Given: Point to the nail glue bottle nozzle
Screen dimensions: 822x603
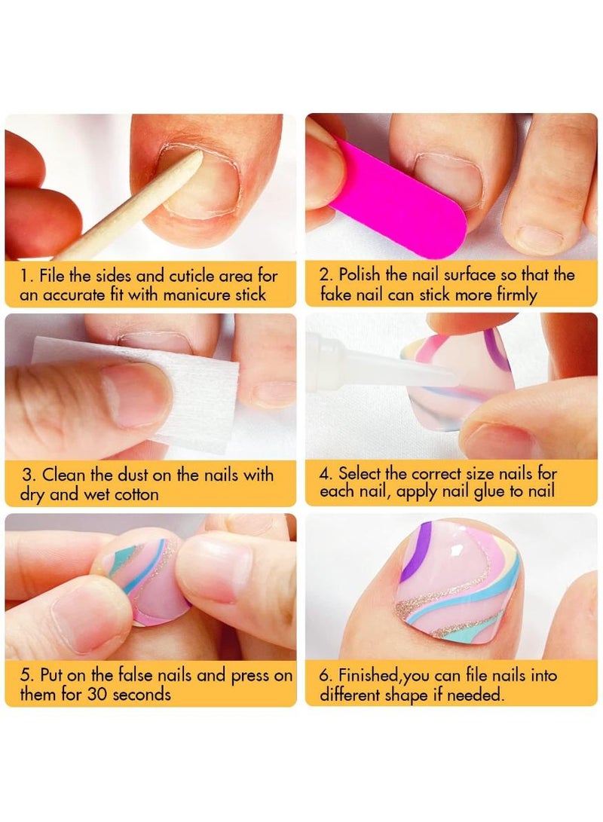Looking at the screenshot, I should tap(407, 371).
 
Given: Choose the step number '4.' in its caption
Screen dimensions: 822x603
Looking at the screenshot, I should tap(326, 474).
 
